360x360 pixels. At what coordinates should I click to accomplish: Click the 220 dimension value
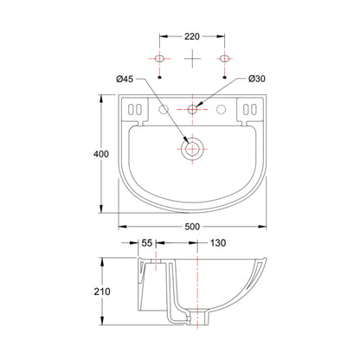tap(192, 36)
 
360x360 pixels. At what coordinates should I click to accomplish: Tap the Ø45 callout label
tap(125, 79)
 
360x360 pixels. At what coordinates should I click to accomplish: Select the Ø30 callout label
tap(257, 79)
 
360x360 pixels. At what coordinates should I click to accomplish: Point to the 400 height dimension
tap(101, 154)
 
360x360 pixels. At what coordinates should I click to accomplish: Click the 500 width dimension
tap(192, 227)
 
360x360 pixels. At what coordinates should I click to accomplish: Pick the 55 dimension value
tap(147, 243)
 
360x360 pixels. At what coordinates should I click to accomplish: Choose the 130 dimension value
tap(218, 243)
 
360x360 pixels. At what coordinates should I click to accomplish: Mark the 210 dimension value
tap(102, 292)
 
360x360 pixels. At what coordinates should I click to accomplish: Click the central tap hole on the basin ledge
tap(192, 109)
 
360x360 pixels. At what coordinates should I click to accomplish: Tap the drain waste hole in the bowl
tap(192, 149)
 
